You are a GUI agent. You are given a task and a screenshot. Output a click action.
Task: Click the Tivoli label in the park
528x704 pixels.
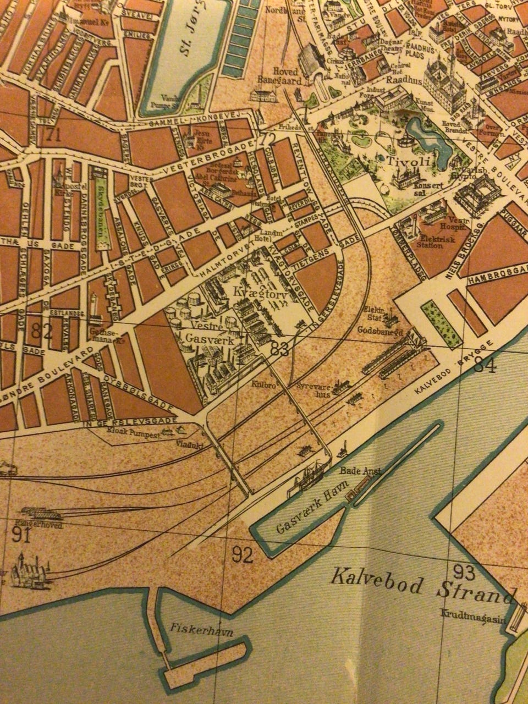click(407, 162)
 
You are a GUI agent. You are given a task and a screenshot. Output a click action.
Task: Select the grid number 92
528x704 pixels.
click(242, 556)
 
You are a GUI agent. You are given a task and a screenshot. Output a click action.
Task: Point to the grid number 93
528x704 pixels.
click(465, 572)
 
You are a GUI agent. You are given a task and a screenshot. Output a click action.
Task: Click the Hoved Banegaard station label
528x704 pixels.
click(278, 76)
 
